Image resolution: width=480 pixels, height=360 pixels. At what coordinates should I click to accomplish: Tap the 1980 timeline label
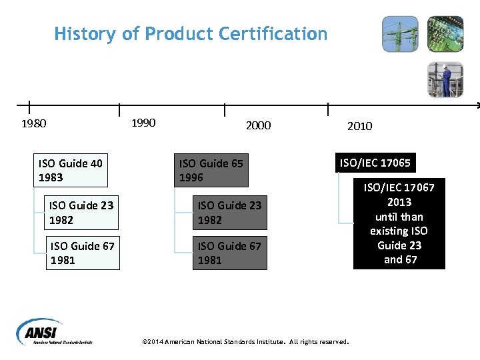tap(34, 123)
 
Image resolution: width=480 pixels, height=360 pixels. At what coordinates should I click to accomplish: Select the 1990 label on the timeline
tap(143, 123)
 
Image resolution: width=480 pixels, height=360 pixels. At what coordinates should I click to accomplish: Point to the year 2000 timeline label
tap(258, 125)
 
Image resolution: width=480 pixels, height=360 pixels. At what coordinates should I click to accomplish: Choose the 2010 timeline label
tap(359, 126)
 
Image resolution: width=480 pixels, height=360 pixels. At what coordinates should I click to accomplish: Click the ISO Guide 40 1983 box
tap(71, 170)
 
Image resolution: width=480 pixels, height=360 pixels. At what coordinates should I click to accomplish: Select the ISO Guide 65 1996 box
tap(211, 170)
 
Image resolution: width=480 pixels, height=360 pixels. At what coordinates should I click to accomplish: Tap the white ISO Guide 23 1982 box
tap(81, 213)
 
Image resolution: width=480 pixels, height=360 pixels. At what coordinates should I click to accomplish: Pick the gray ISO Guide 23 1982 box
tap(229, 213)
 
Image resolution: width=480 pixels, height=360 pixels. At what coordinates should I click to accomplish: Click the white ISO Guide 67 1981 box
tap(82, 253)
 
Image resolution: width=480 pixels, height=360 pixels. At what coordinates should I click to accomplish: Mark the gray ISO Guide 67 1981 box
tap(229, 253)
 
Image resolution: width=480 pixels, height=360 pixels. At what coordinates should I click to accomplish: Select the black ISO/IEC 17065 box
tap(375, 163)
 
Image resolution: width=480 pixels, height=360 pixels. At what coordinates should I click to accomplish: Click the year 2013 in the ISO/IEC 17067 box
tap(399, 202)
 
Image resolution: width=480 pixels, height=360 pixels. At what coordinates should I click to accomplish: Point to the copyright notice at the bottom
tap(246, 342)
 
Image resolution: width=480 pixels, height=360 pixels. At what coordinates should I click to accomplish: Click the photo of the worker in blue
tap(445, 79)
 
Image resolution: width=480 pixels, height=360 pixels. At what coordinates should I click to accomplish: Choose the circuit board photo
tap(445, 34)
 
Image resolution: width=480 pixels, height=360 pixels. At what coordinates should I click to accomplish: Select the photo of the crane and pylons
tap(400, 34)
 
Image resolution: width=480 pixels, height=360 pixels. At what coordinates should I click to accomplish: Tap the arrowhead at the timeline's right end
tap(477, 105)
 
